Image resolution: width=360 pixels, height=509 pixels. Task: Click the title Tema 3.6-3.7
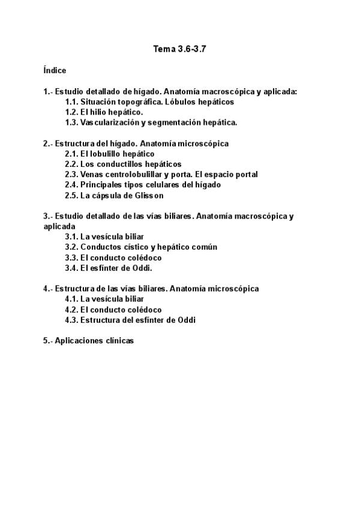[179, 49]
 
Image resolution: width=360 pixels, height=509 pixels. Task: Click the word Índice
[55, 70]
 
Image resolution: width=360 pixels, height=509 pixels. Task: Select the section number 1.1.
[72, 102]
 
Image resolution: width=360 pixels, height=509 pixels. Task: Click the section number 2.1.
[72, 154]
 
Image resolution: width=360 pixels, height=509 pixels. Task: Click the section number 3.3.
[72, 258]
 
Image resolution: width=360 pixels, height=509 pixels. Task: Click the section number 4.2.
[72, 310]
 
